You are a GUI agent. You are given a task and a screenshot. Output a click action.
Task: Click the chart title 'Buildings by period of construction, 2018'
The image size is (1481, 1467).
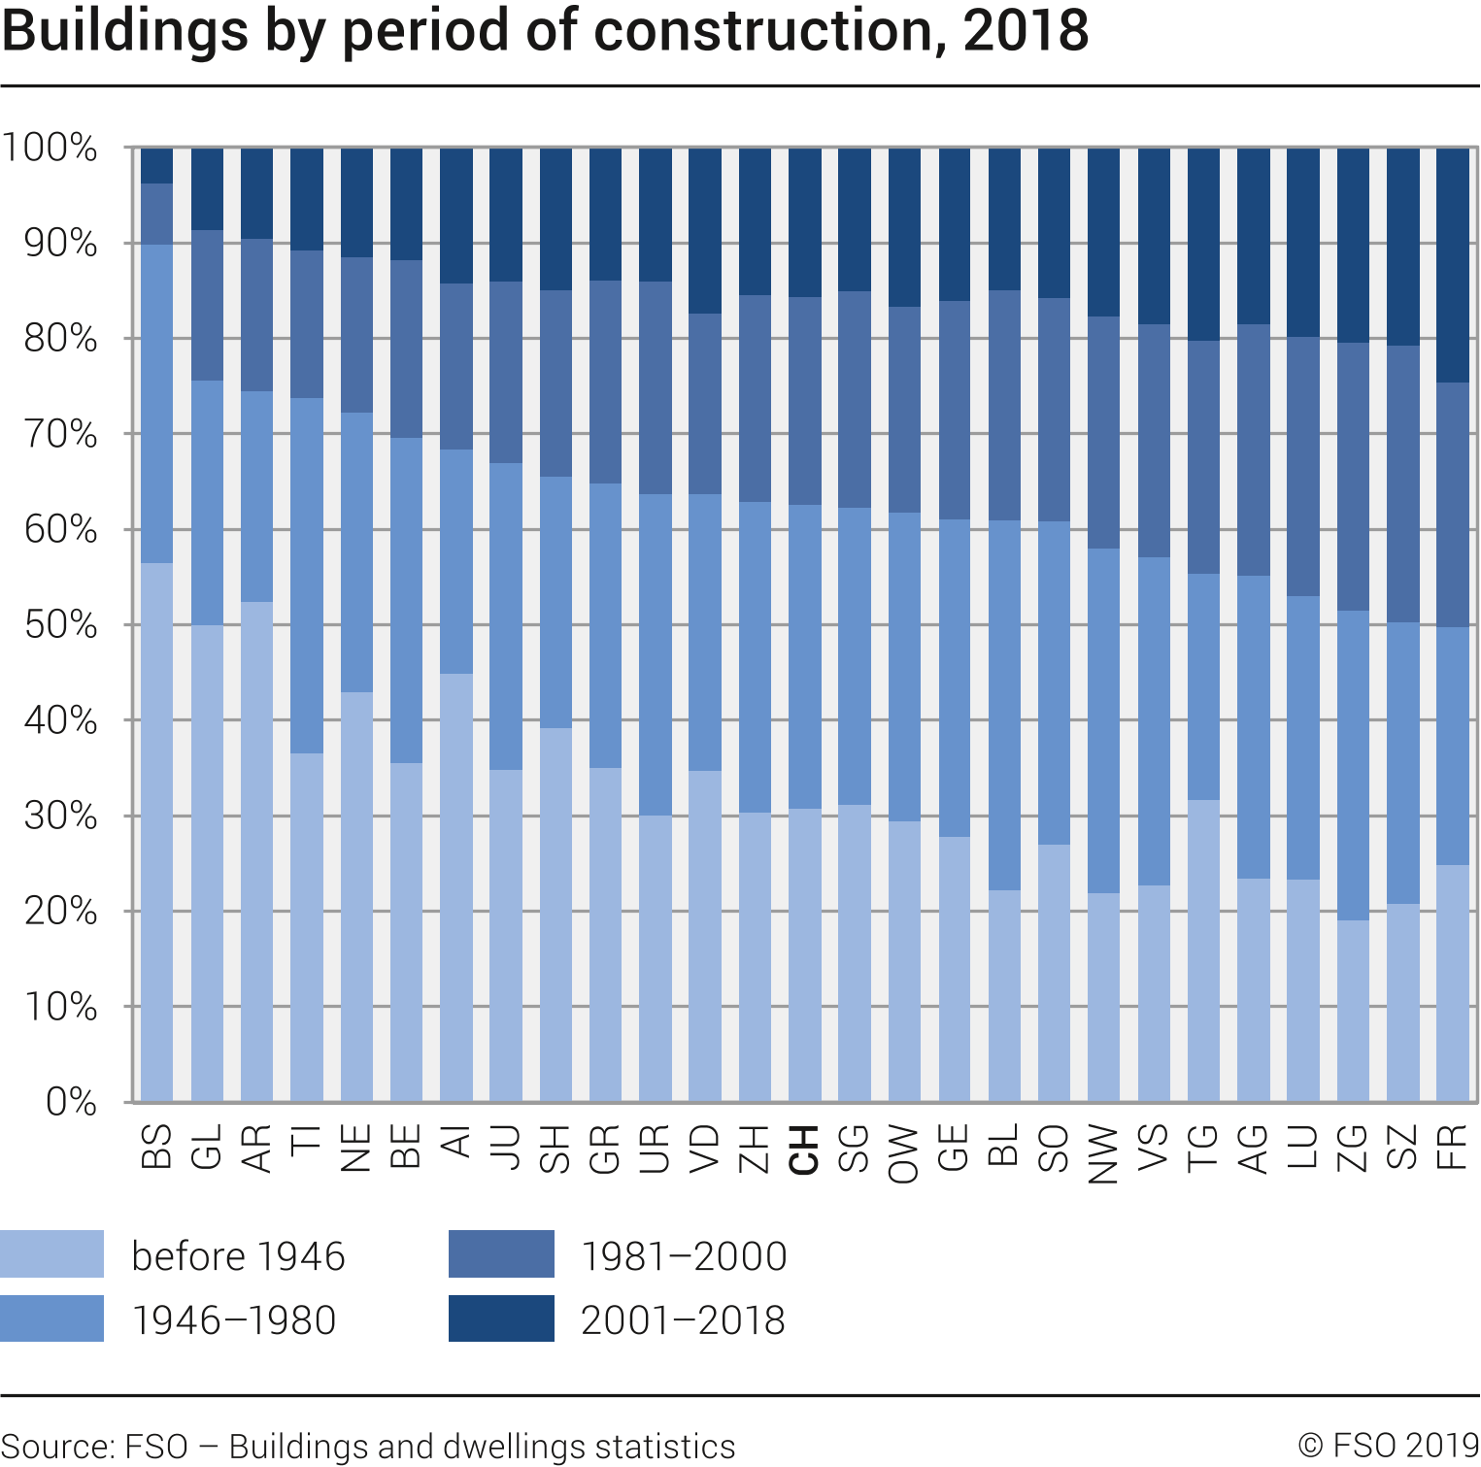pos(545,31)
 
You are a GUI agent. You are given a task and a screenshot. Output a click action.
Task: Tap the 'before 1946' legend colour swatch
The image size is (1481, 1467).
pos(51,1253)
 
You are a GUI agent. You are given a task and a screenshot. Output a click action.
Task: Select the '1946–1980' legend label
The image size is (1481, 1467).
pos(234,1320)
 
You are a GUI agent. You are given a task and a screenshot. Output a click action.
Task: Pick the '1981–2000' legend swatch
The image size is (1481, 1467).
pos(501,1253)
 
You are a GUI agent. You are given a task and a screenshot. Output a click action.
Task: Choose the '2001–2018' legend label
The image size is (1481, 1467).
pos(683,1320)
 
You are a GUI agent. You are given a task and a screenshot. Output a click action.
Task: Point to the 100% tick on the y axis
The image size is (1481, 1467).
pos(50,148)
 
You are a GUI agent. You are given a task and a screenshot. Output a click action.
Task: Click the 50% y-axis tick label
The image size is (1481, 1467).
pos(60,624)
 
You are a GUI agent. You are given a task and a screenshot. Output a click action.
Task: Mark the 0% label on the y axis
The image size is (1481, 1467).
pos(71,1102)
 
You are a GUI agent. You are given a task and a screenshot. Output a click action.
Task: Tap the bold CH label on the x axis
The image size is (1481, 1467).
pos(804,1150)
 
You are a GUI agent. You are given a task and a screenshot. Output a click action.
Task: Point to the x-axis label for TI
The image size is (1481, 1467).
pos(307,1140)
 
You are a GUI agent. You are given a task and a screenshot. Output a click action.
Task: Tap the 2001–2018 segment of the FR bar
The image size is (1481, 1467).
pos(1452,265)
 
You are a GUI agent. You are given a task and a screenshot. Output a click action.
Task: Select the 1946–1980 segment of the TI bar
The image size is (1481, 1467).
pos(307,576)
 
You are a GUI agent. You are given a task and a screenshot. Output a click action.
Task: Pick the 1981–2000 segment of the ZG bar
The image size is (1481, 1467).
pos(1353,477)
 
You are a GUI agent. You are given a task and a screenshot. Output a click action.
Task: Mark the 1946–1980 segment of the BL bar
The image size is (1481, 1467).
pos(1004,705)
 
